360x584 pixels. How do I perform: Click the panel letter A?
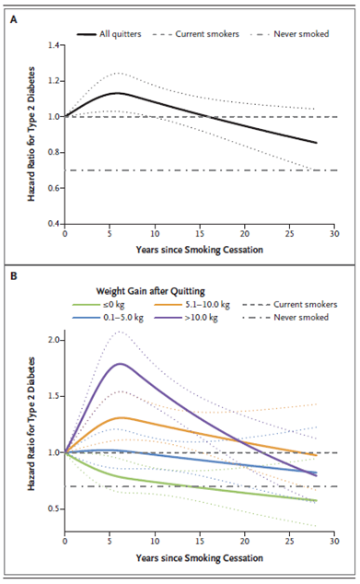click(14, 19)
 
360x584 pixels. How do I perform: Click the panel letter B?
click(14, 276)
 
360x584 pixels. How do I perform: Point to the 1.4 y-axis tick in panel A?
click(53, 45)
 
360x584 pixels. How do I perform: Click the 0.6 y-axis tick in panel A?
click(53, 188)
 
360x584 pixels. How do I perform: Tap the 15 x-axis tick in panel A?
click(200, 234)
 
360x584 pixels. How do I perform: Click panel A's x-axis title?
click(199, 250)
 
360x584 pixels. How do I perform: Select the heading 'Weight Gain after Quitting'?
click(150, 291)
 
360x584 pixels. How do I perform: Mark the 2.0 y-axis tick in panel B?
click(53, 341)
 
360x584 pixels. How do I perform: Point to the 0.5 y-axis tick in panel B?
click(53, 509)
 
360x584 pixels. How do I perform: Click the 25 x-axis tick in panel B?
click(290, 542)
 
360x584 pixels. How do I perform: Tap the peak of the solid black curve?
click(118, 93)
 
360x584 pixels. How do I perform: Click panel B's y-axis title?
click(31, 424)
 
